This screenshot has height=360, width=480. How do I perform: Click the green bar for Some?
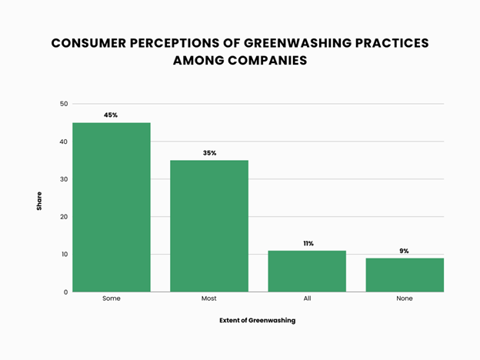112,207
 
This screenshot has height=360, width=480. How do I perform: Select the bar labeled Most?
209,226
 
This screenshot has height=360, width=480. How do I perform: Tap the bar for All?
307,271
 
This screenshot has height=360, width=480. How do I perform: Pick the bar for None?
405,275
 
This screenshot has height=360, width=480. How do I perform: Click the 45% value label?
112,115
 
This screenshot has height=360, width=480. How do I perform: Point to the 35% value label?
209,153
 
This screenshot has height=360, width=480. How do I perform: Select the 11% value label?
308,243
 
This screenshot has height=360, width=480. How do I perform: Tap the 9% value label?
405,251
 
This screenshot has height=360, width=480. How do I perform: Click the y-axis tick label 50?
64,104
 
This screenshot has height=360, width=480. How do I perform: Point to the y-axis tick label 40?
64,142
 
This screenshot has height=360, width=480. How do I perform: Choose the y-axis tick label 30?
64,179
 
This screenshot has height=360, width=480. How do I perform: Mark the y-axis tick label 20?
64,217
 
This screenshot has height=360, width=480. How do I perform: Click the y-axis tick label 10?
64,255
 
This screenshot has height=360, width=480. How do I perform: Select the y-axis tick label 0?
66,292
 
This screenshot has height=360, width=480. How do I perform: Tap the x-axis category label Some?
112,298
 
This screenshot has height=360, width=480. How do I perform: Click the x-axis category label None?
405,298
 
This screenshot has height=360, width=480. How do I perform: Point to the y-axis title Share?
39,201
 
